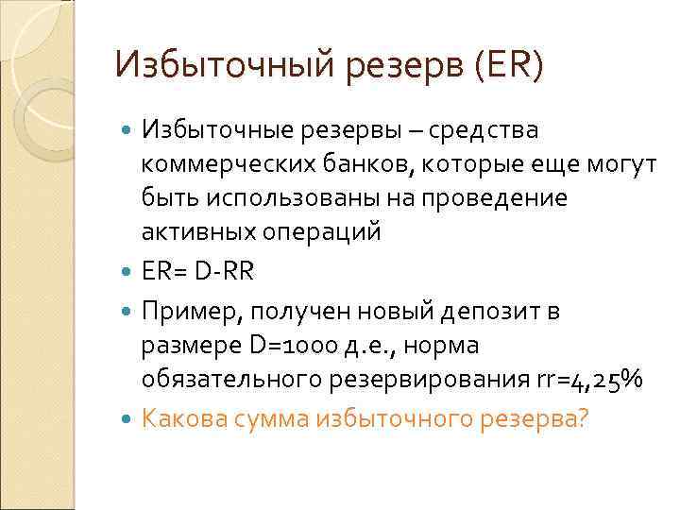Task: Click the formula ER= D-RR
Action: [198, 271]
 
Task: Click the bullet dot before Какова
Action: [128, 417]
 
